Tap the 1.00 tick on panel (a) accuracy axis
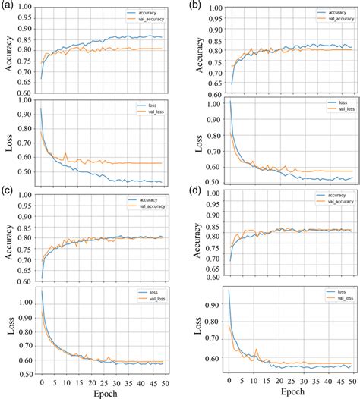tap(28, 7)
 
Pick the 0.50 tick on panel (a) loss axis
tap(28, 171)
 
